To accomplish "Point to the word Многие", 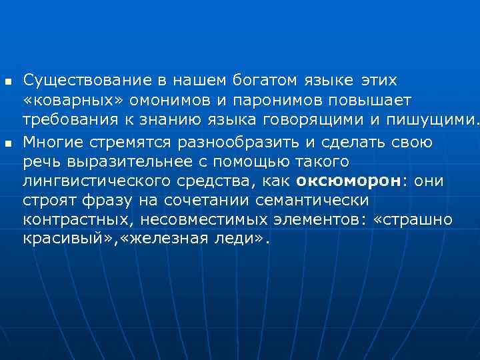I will [x=55, y=142].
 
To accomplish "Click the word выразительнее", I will [x=135, y=162].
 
